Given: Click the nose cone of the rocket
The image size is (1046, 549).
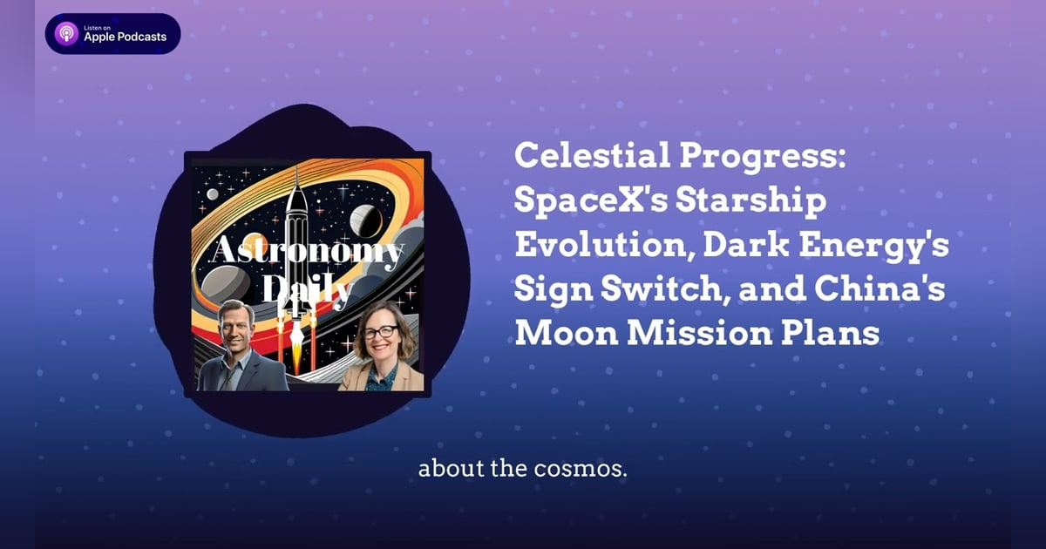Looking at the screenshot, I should (296, 180).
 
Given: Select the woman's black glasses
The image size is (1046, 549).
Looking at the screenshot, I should (382, 332).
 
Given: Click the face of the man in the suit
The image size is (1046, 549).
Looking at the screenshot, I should (238, 326).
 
